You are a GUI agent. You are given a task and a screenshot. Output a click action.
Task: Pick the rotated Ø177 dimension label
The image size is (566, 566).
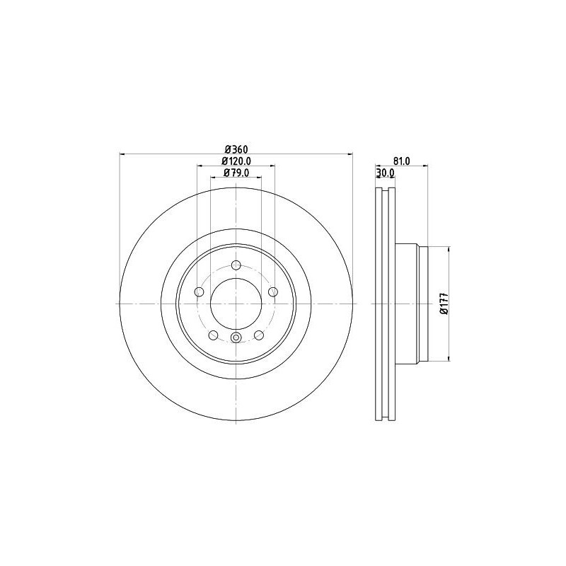[444, 303]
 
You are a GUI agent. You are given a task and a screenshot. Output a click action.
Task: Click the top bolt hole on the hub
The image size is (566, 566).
[236, 266]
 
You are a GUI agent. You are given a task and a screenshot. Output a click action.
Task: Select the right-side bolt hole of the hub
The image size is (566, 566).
[272, 291]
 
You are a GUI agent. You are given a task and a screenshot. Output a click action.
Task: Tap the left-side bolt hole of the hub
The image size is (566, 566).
[199, 291]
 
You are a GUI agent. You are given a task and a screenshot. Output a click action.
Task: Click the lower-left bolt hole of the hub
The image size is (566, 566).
[213, 335]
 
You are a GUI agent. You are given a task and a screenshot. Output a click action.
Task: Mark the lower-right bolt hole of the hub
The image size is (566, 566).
[258, 335]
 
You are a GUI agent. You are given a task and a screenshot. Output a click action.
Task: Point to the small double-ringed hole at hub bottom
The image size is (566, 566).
[236, 337]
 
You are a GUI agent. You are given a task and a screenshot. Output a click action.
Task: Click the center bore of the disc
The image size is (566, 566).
[236, 303]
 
